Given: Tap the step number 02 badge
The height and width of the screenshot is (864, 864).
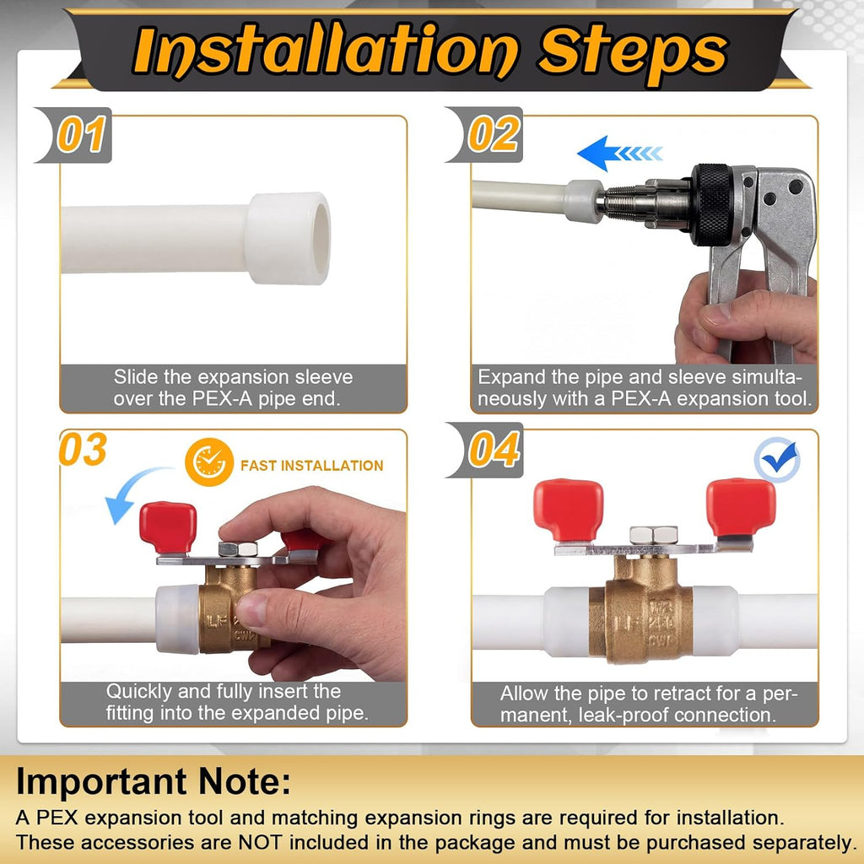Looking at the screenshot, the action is (x=487, y=135).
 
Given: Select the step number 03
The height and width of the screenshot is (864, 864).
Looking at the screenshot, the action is (x=83, y=449).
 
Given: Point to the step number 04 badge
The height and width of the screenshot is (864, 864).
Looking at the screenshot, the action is (x=487, y=450).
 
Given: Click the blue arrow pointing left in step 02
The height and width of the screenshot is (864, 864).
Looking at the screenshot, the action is (x=619, y=153).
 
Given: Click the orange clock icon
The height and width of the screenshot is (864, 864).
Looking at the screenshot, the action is (x=209, y=462).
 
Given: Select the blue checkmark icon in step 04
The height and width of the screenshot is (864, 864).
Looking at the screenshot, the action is (x=777, y=460).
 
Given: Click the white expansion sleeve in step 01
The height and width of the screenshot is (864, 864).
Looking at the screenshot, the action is (x=289, y=238).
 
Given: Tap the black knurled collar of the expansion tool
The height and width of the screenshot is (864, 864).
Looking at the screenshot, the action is (x=713, y=204).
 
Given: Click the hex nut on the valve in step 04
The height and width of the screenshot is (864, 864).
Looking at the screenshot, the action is (x=654, y=535).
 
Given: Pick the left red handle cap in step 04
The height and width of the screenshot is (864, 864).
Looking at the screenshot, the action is (x=568, y=510).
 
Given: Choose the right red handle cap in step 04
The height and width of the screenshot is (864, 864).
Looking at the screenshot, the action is (x=741, y=507).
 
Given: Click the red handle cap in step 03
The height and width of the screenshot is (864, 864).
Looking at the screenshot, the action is (x=168, y=526).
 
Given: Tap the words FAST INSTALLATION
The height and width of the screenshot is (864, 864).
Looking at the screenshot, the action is (x=312, y=466).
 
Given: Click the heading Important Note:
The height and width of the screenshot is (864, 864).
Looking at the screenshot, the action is (x=154, y=781).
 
